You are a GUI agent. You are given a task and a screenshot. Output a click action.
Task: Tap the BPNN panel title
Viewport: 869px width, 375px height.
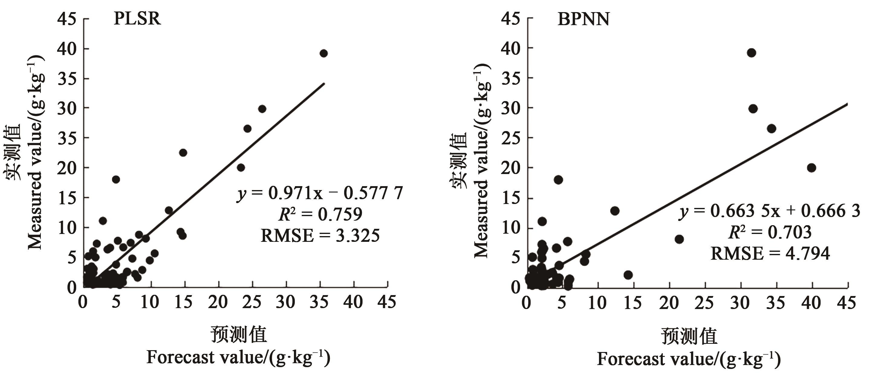tap(583, 19)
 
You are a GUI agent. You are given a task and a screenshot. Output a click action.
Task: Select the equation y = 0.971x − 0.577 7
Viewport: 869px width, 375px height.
tap(320, 193)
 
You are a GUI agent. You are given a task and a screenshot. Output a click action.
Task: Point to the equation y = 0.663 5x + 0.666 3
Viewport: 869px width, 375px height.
tap(769, 211)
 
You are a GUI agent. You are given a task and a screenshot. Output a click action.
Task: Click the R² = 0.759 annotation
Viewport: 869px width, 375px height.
tap(320, 214)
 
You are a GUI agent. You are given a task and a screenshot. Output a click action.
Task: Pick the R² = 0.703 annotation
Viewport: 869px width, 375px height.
tap(770, 232)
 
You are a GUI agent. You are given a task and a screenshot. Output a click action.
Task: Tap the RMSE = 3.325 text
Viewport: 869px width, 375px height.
tap(320, 235)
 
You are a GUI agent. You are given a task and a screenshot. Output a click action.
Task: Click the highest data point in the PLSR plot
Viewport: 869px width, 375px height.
tap(324, 53)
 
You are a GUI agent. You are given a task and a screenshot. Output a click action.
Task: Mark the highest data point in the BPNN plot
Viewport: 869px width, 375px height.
tap(751, 53)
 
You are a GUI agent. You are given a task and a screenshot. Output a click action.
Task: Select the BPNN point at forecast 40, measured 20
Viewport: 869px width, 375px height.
tap(811, 168)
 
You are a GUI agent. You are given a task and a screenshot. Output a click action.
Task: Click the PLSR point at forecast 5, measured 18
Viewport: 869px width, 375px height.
tap(116, 179)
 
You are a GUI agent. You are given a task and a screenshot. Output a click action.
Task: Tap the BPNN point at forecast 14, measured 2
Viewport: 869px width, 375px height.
tap(628, 275)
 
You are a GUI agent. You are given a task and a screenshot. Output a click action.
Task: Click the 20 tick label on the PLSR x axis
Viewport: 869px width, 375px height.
tap(218, 302)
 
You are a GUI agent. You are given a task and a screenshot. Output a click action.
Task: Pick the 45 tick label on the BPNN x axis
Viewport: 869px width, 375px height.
tap(847, 303)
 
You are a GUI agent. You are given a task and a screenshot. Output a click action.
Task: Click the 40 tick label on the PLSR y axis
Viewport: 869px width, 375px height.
tap(67, 49)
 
